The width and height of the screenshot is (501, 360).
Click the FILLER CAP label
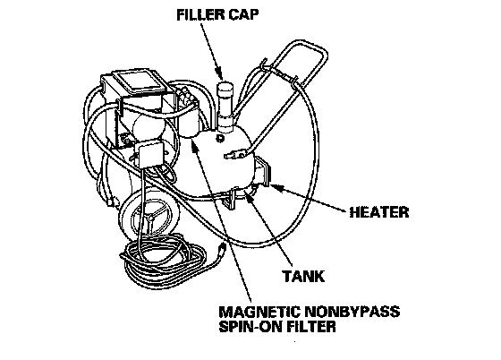coord(217,14)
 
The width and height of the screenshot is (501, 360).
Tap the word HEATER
coord(379,212)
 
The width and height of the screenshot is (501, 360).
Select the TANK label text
coord(303,276)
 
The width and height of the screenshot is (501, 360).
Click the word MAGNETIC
coord(259,312)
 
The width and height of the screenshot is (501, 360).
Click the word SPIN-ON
coord(250,327)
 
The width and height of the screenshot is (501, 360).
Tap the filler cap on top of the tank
coord(225,88)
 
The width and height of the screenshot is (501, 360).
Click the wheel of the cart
coord(149,215)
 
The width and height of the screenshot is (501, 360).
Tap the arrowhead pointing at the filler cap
coord(219,74)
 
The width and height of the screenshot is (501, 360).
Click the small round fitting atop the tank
coord(219,139)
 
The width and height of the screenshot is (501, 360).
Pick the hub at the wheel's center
coord(150,218)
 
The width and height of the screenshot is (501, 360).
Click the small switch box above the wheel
coord(149,154)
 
